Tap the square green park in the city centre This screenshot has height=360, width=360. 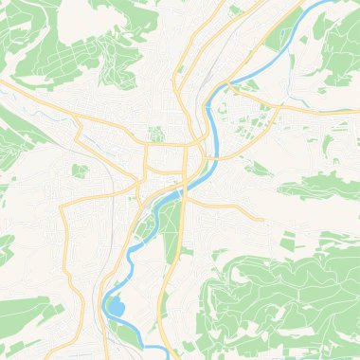[156, 134]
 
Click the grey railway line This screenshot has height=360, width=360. [121, 189]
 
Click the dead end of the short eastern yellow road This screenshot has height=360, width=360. [262, 220]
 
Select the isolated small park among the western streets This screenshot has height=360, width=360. [81, 171]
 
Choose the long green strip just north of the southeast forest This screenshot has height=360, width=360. [313, 189]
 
